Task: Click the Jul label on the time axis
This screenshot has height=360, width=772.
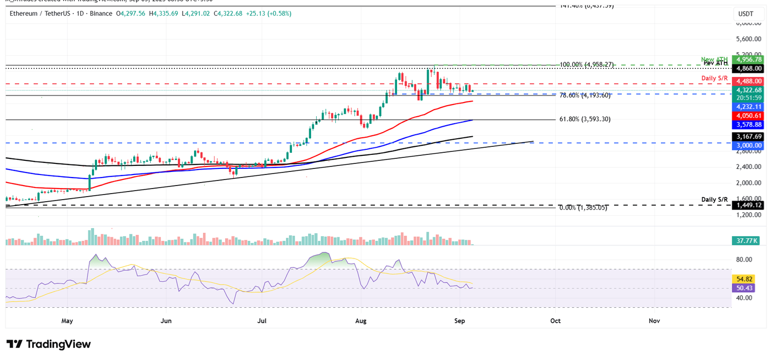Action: point(262,320)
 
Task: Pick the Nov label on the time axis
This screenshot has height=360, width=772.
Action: point(654,320)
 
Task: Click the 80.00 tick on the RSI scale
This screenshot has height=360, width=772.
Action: point(744,259)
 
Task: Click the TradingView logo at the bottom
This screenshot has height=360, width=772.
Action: point(49,344)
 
